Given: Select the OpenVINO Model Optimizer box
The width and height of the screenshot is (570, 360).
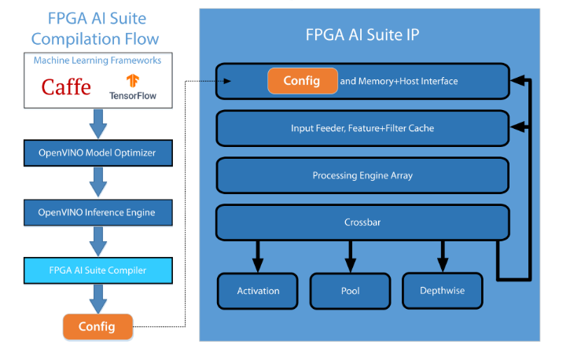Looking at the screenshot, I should click(x=97, y=152).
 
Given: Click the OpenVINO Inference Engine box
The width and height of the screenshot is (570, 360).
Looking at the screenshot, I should click(x=97, y=212).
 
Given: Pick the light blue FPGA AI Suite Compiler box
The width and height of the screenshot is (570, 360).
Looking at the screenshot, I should click(x=97, y=270).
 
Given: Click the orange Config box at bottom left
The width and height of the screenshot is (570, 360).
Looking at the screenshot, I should click(x=97, y=325).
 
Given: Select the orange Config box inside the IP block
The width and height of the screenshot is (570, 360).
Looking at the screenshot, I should click(x=301, y=81).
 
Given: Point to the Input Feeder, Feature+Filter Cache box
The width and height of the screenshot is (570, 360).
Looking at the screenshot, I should click(x=362, y=128).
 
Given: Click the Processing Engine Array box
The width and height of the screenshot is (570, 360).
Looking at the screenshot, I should click(x=362, y=175).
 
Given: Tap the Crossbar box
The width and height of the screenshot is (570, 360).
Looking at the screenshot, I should click(x=362, y=223).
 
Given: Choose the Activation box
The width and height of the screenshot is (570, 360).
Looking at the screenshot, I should click(x=258, y=291).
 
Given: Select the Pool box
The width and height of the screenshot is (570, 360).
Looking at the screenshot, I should click(x=350, y=291).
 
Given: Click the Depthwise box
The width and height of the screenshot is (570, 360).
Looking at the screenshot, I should click(x=443, y=291).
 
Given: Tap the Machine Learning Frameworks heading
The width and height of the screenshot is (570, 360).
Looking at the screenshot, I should click(x=97, y=61).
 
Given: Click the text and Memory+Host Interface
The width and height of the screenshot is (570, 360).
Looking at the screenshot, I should click(x=399, y=81).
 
